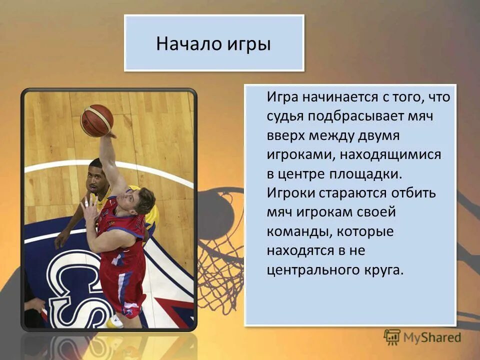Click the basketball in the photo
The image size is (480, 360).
pyautogui.click(x=97, y=120)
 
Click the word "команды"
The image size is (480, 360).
pyautogui.click(x=297, y=231)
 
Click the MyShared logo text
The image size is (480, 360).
pyautogui.click(x=433, y=337)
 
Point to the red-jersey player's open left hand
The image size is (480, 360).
pyautogui.click(x=89, y=207)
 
